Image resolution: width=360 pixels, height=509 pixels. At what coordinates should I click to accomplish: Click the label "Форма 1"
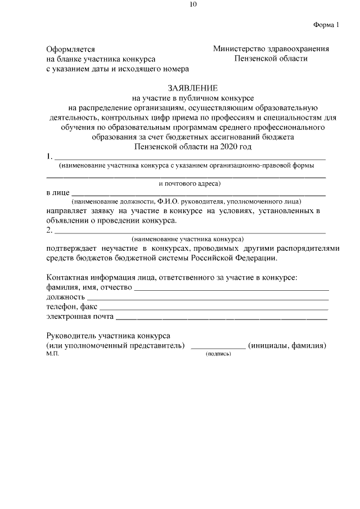click(327, 24)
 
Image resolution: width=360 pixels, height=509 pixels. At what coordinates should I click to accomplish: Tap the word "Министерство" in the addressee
click(238, 49)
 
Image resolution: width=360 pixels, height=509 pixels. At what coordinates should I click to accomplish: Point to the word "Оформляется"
click(70, 49)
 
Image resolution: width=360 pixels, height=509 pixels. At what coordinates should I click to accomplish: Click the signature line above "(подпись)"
click(218, 349)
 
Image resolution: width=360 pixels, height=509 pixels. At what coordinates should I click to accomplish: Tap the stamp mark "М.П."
click(52, 354)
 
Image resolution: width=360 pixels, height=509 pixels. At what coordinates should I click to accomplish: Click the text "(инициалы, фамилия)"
click(287, 345)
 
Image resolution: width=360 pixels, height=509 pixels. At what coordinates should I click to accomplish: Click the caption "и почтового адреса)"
click(190, 183)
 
